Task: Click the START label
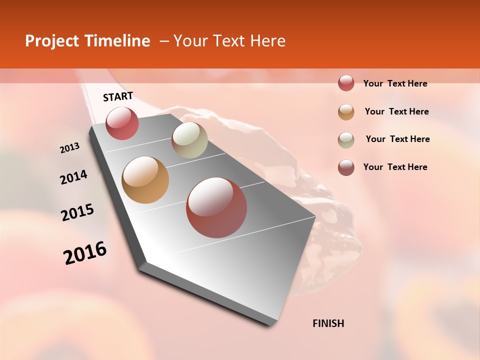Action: click(x=118, y=96)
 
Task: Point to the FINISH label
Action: click(x=328, y=323)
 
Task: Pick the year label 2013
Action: click(x=70, y=148)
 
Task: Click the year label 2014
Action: click(x=73, y=177)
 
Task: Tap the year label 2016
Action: click(x=85, y=253)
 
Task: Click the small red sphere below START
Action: click(x=122, y=123)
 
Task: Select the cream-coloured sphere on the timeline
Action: click(x=189, y=140)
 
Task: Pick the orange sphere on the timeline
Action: click(x=145, y=180)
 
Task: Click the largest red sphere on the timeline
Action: click(x=216, y=207)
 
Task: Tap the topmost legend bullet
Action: click(x=346, y=83)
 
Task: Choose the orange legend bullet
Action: click(x=346, y=112)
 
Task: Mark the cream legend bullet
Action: click(x=346, y=140)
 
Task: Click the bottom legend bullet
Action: click(x=346, y=167)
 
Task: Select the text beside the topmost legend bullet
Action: click(x=395, y=83)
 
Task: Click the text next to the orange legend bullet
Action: click(x=396, y=111)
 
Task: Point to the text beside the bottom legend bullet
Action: click(x=395, y=167)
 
